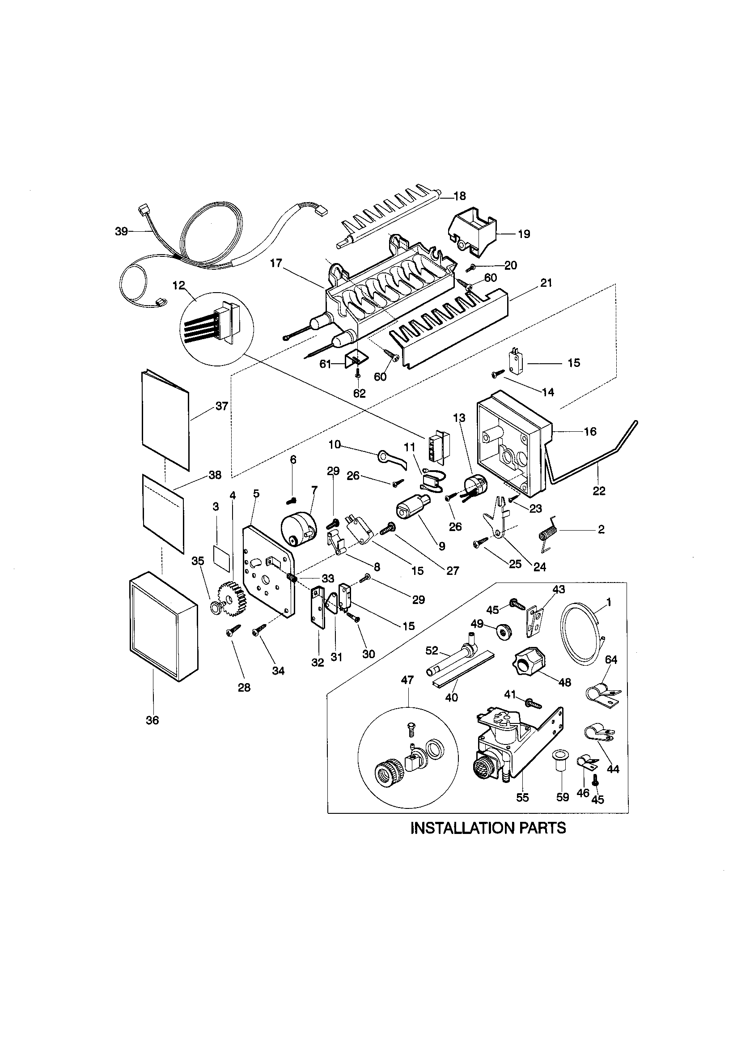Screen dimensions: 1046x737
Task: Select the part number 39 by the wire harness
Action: click(x=121, y=231)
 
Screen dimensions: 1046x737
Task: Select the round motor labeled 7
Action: click(x=296, y=528)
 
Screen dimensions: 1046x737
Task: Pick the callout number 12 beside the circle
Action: click(x=179, y=285)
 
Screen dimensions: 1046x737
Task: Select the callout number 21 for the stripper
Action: click(x=546, y=283)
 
